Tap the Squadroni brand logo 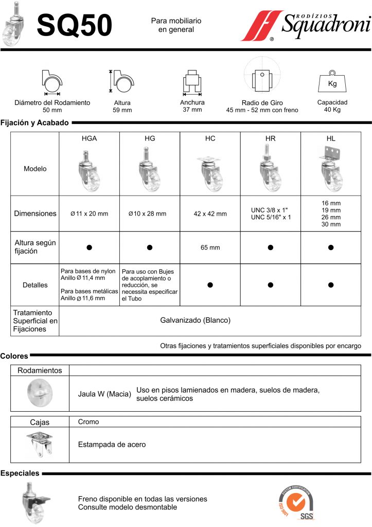306,25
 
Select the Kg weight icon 332,81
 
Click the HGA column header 89,139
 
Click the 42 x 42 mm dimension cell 210,214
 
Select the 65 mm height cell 210,248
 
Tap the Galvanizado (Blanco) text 195,320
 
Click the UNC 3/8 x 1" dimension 270,209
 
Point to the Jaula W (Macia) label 104,394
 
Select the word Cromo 88,421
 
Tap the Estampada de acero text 112,444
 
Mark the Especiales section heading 20,472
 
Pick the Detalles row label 35,285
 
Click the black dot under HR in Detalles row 271,285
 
